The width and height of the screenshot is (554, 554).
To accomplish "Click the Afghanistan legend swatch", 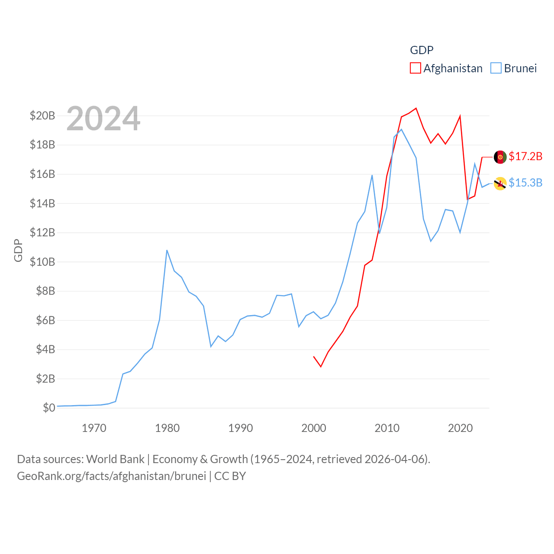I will click(415, 68).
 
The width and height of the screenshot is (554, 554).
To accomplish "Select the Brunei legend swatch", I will click(496, 68).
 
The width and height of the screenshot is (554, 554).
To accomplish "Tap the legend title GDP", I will click(422, 50).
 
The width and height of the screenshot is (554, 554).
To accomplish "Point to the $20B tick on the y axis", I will click(42, 116).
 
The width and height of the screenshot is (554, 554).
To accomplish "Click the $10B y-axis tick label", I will click(42, 262).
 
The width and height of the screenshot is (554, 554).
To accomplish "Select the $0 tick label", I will click(49, 408).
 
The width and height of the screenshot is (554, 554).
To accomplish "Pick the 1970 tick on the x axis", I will click(94, 428).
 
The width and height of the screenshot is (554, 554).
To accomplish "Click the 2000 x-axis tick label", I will click(314, 428).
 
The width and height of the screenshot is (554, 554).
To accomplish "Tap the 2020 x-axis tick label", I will click(460, 428).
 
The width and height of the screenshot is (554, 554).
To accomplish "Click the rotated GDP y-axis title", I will click(18, 250).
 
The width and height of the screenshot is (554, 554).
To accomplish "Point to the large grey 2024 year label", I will click(103, 119).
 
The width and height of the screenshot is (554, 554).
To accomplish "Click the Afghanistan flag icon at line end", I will click(500, 157).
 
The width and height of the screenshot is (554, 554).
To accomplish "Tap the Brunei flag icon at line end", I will click(500, 184).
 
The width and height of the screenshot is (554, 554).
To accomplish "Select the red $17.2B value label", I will click(525, 156).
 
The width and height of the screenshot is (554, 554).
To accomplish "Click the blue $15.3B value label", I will click(525, 183).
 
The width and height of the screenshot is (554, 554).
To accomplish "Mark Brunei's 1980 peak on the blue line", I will click(167, 250).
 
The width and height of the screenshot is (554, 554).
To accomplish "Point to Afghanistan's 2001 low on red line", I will click(321, 367).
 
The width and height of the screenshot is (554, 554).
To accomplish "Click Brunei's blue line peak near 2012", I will click(401, 129).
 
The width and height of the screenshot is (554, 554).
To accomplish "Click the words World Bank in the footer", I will click(115, 459).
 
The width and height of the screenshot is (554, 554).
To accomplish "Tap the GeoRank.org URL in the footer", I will click(112, 476).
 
